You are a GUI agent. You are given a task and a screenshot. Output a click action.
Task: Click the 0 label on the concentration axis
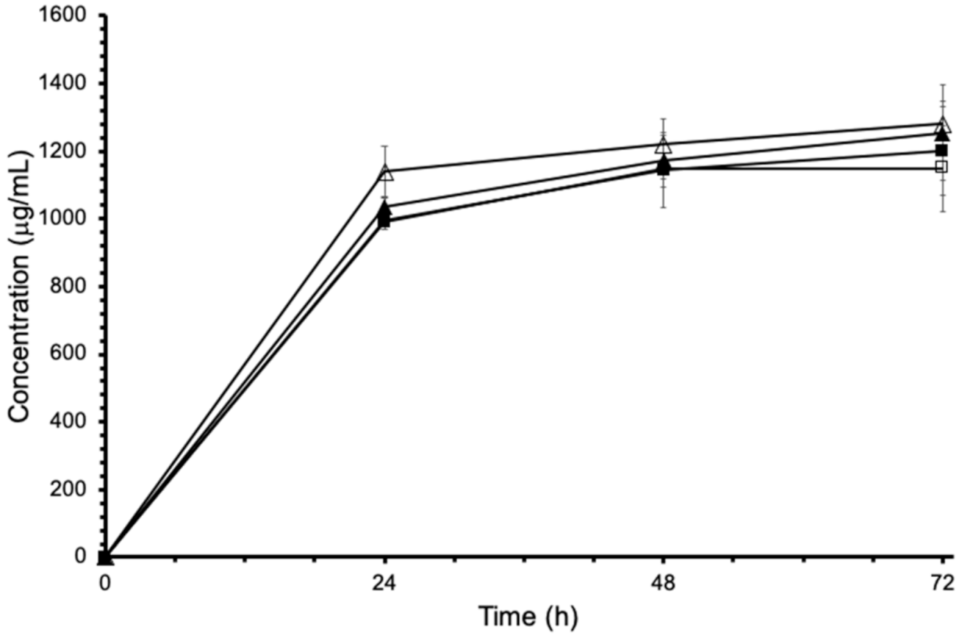(x=81, y=556)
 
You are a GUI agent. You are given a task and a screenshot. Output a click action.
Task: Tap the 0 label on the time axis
(x=105, y=583)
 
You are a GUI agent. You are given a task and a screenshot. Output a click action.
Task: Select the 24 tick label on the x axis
(x=385, y=583)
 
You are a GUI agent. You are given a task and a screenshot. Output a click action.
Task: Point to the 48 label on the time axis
(x=664, y=583)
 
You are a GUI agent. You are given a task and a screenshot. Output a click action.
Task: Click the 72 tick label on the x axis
(x=942, y=583)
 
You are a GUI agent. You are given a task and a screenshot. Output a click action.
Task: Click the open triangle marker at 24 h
(x=386, y=172)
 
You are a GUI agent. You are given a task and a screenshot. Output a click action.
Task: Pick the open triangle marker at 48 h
(x=664, y=146)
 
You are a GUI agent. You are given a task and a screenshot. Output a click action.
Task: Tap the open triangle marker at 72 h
(x=943, y=125)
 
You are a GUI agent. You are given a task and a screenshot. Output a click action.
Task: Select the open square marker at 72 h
(x=942, y=166)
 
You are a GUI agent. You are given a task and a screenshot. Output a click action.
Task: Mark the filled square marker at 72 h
(x=942, y=151)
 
